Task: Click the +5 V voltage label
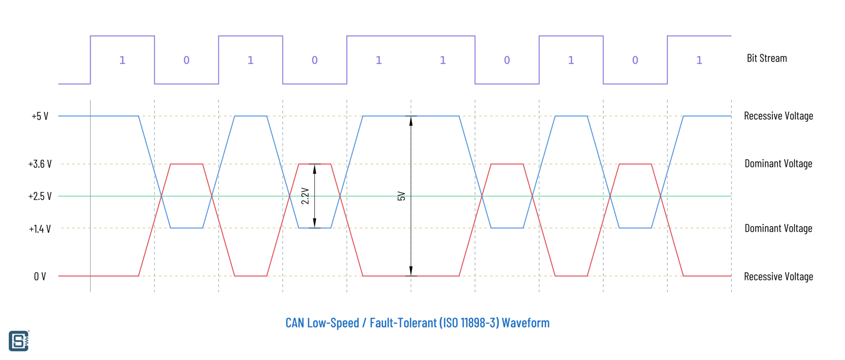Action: tap(40, 116)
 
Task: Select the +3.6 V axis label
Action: tap(40, 164)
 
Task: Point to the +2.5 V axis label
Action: tap(40, 196)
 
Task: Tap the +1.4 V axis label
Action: tap(40, 229)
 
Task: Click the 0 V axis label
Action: tap(40, 276)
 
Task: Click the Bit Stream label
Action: tap(767, 58)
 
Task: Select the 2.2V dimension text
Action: tap(305, 196)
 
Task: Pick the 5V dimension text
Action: tap(401, 196)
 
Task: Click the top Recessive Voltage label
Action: tap(778, 116)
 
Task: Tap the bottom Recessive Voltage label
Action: tap(778, 276)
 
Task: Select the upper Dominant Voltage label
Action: tap(778, 164)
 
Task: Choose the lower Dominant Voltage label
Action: tap(778, 228)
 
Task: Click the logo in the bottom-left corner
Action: tap(19, 341)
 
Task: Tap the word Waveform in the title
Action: tap(525, 323)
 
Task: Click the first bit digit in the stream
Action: tap(122, 60)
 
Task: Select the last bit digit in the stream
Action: tap(699, 60)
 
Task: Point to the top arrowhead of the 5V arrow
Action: tap(411, 121)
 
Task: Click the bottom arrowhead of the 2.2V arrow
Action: tap(315, 223)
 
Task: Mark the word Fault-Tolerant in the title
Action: tap(403, 323)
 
